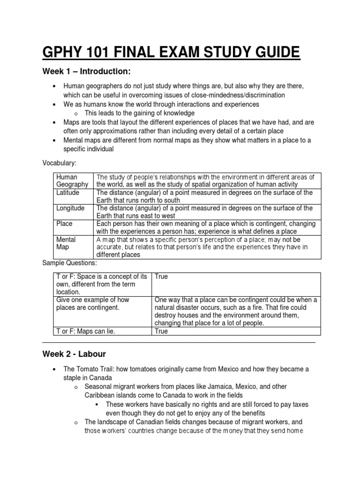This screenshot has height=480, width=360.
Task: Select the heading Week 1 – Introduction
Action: pyautogui.click(x=86, y=71)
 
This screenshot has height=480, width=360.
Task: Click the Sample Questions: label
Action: pyautogui.click(x=69, y=263)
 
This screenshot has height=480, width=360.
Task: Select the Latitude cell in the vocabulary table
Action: pyautogui.click(x=68, y=193)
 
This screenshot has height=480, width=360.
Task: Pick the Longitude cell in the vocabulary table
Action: pyautogui.click(x=70, y=208)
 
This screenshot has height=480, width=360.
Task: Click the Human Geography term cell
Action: pyautogui.click(x=72, y=180)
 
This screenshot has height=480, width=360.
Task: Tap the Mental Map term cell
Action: pyautogui.click(x=66, y=243)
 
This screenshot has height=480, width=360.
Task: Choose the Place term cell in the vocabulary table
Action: pyautogui.click(x=65, y=224)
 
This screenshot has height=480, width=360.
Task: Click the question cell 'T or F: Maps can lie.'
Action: pyautogui.click(x=86, y=331)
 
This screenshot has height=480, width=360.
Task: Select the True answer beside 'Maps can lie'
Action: pyautogui.click(x=161, y=331)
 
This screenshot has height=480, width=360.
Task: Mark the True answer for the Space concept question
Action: pyautogui.click(x=161, y=277)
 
